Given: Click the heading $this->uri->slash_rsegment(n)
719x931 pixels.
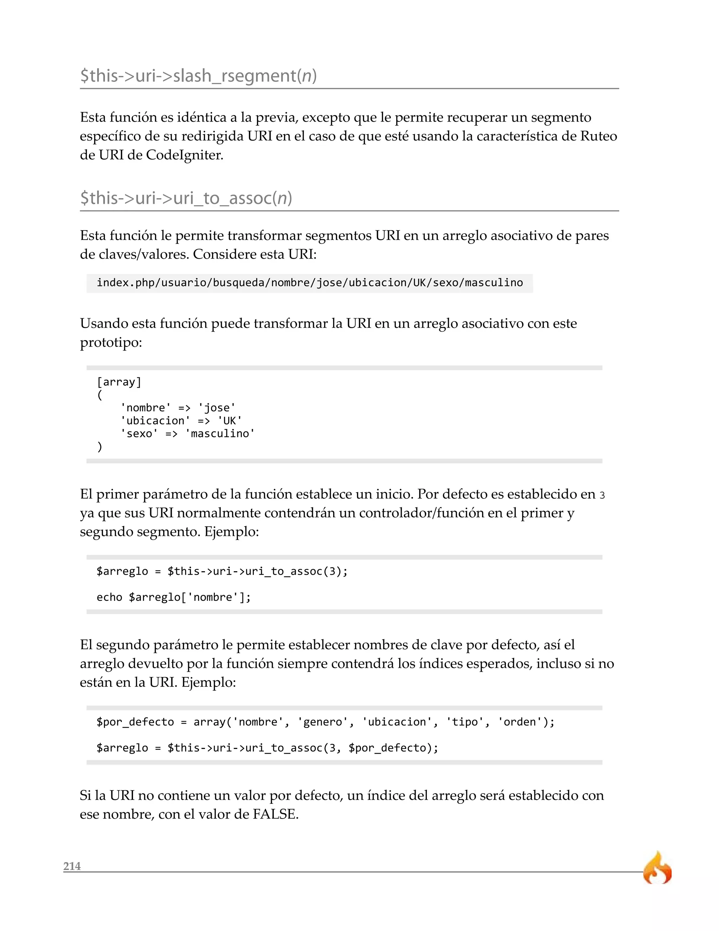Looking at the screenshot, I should coord(198,76).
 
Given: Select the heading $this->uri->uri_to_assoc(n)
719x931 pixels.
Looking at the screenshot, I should coord(186,198).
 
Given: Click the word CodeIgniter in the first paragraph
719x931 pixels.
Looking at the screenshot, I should coord(184,155).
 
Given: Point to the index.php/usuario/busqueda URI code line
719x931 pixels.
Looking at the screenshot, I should coord(310,282).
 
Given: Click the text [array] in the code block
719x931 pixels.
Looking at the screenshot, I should coord(119,382).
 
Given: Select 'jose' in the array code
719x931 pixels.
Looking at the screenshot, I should coord(217,408).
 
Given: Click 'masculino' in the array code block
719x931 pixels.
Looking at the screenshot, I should coord(220,434).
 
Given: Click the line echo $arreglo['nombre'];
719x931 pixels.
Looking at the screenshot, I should coord(174,597).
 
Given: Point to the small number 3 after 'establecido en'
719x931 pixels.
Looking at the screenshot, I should coord(602,495).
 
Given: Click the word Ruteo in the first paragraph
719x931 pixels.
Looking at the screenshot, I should coord(599,136).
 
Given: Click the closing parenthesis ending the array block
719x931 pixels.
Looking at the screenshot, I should coord(100,447).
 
